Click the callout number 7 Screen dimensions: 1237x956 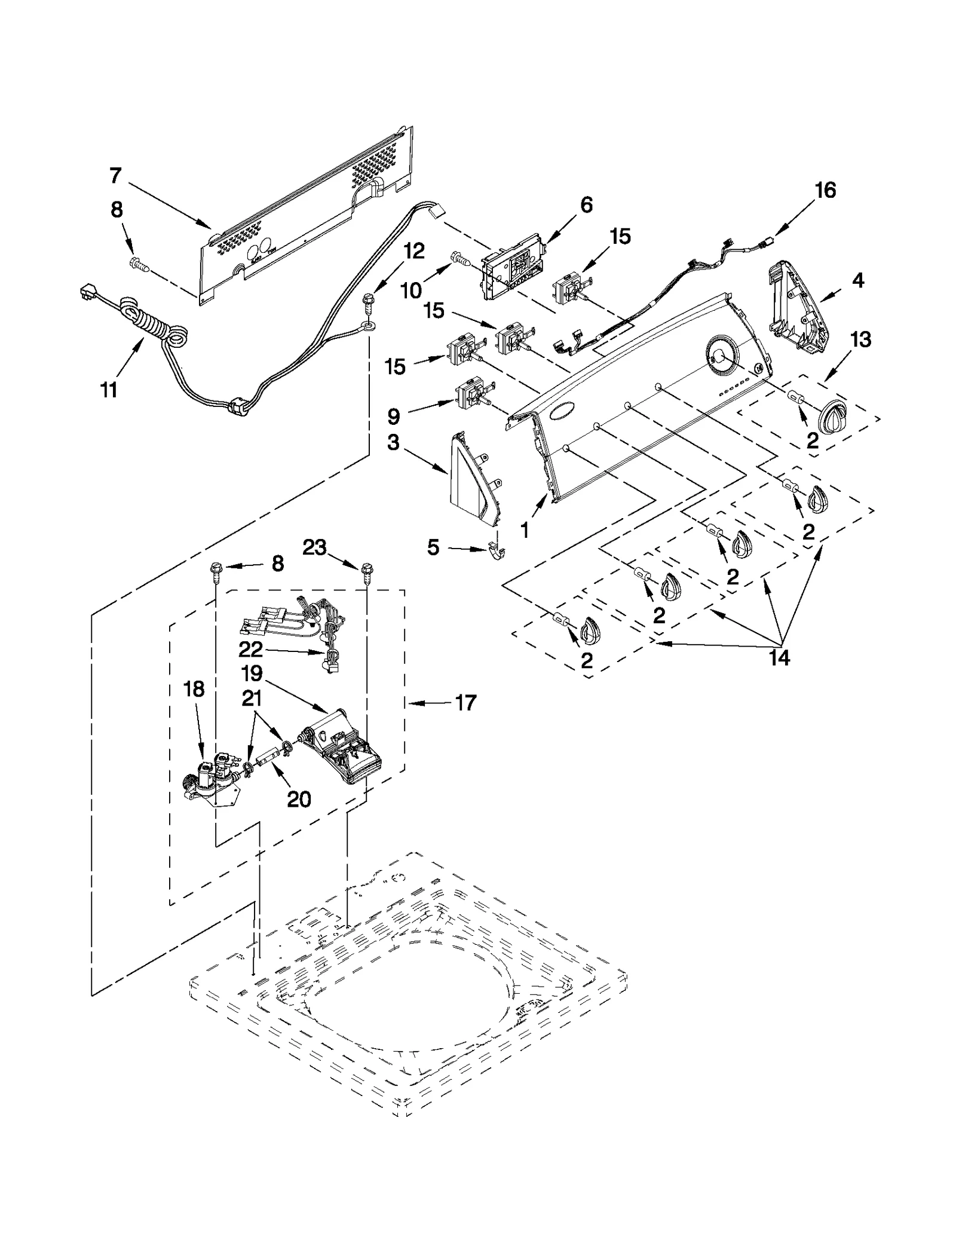(115, 176)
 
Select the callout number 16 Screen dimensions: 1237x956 (825, 191)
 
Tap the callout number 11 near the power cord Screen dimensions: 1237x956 (109, 390)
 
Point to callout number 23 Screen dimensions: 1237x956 (314, 547)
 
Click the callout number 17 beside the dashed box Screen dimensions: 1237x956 (465, 703)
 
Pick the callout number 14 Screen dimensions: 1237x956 (780, 657)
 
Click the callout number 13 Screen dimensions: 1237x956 (860, 339)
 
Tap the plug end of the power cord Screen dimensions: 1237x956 (90, 293)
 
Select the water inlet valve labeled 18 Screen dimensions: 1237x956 (212, 777)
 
